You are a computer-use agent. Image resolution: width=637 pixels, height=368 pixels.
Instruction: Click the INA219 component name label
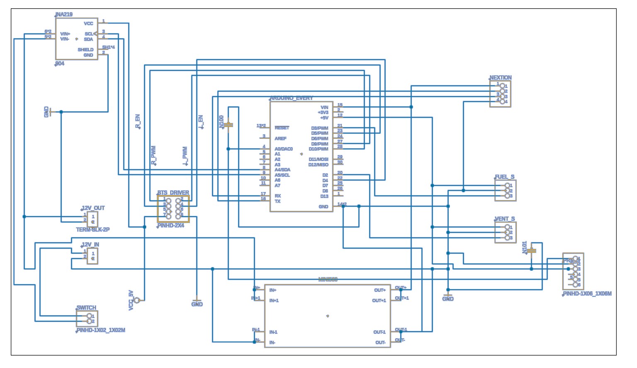click(64, 15)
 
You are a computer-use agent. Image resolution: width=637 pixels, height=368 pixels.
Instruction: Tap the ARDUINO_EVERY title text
click(292, 98)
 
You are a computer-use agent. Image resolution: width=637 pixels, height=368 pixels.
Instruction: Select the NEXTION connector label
click(501, 78)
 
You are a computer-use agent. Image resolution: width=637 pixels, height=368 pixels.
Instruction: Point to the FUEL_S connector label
click(505, 177)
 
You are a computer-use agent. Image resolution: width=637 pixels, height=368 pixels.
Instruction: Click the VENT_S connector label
click(505, 219)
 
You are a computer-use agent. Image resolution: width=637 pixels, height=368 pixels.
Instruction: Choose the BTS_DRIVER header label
click(173, 193)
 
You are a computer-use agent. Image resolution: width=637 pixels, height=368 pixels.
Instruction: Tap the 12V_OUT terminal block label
click(93, 208)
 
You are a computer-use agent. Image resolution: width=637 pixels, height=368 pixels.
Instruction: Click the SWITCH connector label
click(86, 308)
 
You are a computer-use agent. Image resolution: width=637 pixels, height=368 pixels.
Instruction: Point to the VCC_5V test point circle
click(137, 300)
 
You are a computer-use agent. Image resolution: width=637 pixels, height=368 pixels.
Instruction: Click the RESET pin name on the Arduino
click(282, 128)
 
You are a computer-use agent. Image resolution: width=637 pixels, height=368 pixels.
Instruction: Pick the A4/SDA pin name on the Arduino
click(282, 170)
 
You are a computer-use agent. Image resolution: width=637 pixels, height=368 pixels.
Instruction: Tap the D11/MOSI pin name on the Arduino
click(318, 159)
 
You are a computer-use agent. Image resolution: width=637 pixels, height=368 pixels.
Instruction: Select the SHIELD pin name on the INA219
click(85, 50)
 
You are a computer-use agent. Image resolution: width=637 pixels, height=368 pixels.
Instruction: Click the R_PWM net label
click(153, 156)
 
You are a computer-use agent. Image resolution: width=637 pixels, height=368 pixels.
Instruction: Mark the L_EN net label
click(201, 122)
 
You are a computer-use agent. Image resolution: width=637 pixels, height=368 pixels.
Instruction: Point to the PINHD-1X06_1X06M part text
click(587, 294)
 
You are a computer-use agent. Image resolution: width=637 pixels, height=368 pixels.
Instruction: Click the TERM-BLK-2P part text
click(93, 230)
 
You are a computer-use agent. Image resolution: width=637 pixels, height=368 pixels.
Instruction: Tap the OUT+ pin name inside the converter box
click(380, 290)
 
